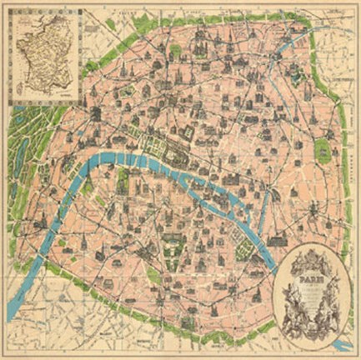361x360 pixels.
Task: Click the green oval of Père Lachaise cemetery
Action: (x=321, y=150)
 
